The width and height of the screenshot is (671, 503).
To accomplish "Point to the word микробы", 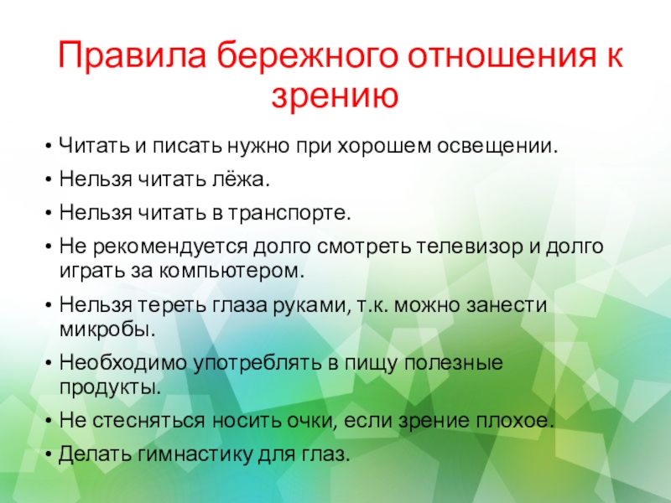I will pyautogui.click(x=108, y=329).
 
